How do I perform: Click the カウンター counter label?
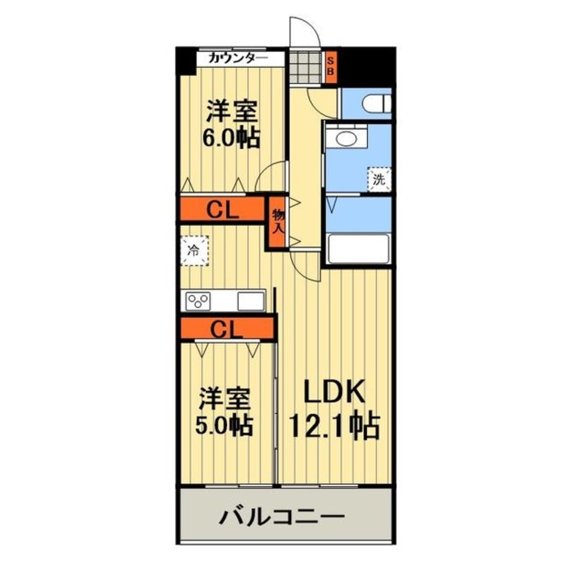(x=238, y=58)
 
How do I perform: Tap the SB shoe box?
(x=329, y=67)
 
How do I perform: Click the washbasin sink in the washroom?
(x=346, y=139)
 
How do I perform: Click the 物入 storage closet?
(x=278, y=222)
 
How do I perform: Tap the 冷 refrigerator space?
(x=195, y=251)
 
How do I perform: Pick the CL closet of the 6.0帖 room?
(x=222, y=210)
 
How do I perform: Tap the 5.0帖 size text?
(x=226, y=425)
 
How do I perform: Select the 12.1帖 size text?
(x=334, y=426)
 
